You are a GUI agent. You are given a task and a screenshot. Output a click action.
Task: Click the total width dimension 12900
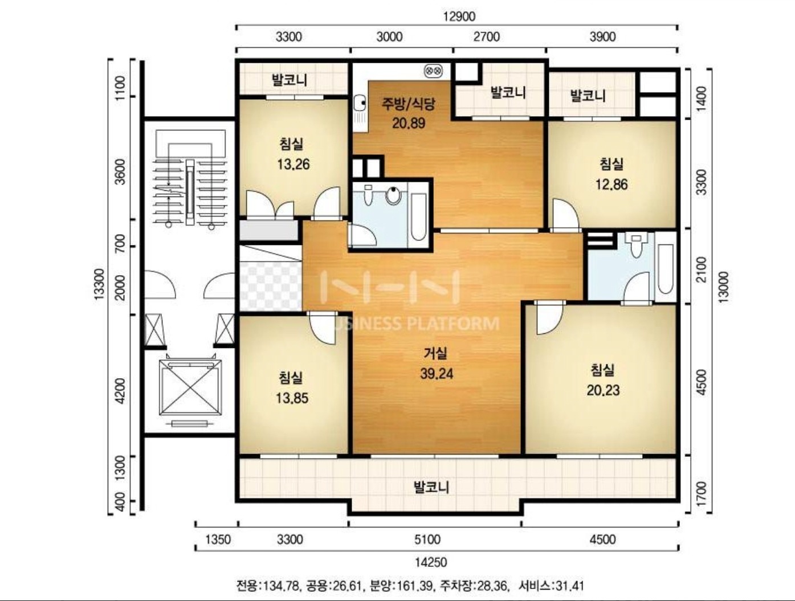459,17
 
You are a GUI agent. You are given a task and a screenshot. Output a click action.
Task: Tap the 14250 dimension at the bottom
431,562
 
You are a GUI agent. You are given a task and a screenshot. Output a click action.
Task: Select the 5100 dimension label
427,540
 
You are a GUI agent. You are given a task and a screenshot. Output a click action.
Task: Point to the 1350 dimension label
218,540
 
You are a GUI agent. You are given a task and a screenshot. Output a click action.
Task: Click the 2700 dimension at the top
487,36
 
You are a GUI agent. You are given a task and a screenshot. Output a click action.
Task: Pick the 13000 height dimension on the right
723,287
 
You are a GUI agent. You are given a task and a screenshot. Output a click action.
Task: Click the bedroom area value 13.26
293,165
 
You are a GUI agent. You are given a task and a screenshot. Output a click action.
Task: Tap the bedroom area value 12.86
611,185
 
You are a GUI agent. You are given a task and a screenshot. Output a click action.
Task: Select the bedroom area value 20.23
603,390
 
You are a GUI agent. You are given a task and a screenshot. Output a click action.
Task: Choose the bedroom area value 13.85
292,398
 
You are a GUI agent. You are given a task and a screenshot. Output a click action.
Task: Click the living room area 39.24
437,373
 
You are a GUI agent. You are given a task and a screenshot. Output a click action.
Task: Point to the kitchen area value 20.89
409,123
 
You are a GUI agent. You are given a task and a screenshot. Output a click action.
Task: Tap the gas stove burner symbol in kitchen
433,71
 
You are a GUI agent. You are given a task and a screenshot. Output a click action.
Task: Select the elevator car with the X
190,387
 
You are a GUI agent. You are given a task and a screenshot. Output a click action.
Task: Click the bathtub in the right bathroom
665,269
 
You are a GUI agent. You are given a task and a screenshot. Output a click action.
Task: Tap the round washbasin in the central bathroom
394,195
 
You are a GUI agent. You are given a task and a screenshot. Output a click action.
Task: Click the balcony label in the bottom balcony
431,487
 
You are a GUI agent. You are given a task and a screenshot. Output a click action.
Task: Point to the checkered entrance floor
270,285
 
